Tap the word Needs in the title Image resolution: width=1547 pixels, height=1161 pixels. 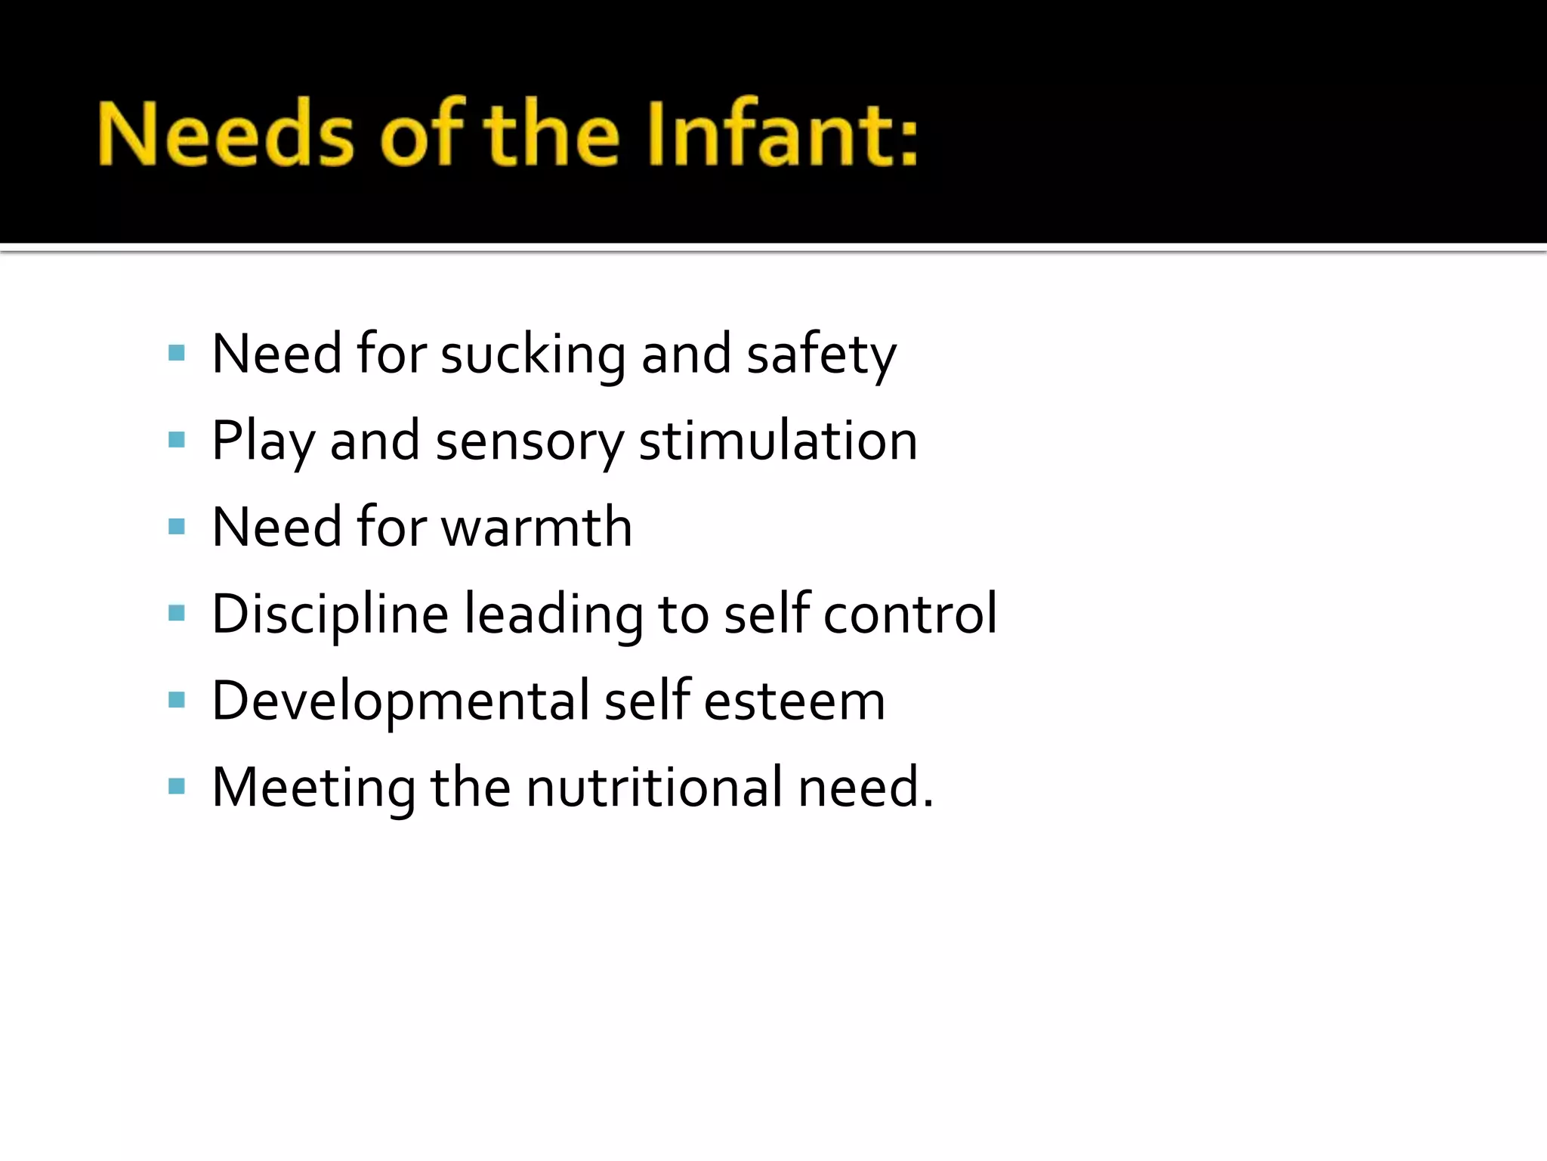click(225, 135)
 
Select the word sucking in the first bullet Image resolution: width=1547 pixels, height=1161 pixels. click(533, 355)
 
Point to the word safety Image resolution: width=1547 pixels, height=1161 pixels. click(821, 355)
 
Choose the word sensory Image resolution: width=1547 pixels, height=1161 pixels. click(530, 443)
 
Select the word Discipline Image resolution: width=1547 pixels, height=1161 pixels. click(330, 614)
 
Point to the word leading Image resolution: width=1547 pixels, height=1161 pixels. click(553, 614)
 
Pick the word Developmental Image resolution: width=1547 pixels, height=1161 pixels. click(400, 701)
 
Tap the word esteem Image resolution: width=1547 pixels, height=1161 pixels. click(795, 701)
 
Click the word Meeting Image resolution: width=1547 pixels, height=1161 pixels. click(313, 788)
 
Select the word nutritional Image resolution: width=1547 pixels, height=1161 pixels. click(654, 787)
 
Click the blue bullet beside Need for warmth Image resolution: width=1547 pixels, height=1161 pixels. click(177, 526)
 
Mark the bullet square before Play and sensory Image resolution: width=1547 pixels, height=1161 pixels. click(177, 440)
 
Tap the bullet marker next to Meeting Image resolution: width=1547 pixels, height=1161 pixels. click(177, 787)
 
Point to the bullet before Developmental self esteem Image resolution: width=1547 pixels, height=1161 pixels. click(177, 700)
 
